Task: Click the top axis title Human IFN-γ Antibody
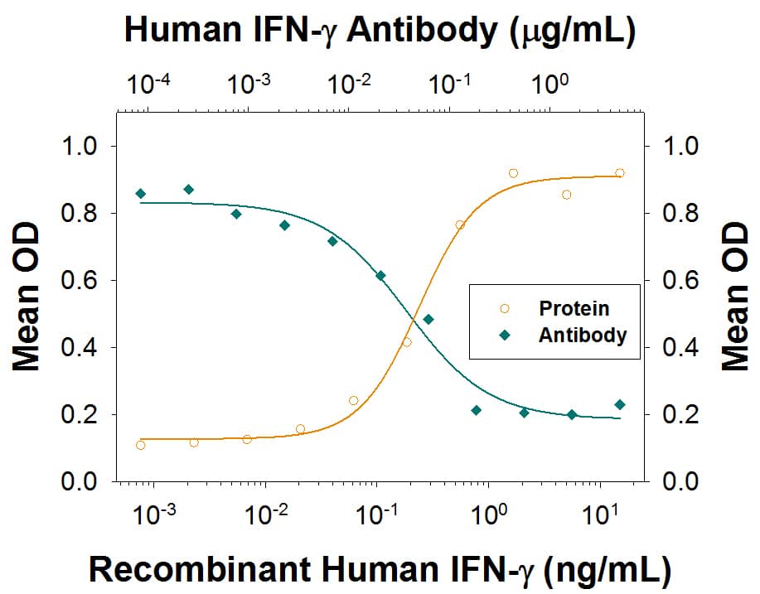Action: [x=379, y=31]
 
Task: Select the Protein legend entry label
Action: [x=574, y=308]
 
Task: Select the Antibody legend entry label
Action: [x=582, y=336]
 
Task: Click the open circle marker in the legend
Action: [x=504, y=309]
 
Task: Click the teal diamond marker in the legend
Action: [x=504, y=336]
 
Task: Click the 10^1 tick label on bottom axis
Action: [x=599, y=516]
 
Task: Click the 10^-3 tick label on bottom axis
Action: [x=154, y=516]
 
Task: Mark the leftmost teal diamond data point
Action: [x=141, y=193]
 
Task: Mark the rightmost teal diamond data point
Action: [x=620, y=404]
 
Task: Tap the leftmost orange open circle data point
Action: [x=141, y=445]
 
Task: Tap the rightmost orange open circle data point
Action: [x=620, y=173]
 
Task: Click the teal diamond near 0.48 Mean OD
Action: [x=428, y=319]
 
